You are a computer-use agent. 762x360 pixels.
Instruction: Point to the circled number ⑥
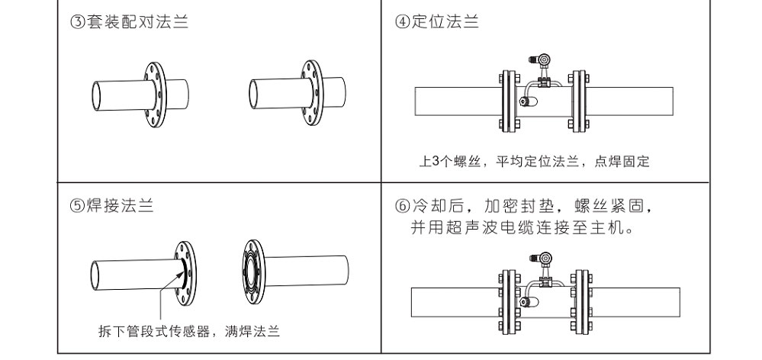click(x=401, y=207)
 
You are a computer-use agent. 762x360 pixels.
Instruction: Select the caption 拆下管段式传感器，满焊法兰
click(x=189, y=331)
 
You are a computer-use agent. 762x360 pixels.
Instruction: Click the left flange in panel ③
click(x=154, y=92)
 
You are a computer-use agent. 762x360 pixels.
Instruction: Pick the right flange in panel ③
click(x=313, y=92)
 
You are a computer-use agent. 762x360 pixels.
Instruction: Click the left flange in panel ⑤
click(x=185, y=272)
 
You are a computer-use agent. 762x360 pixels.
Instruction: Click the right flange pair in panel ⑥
click(x=580, y=301)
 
